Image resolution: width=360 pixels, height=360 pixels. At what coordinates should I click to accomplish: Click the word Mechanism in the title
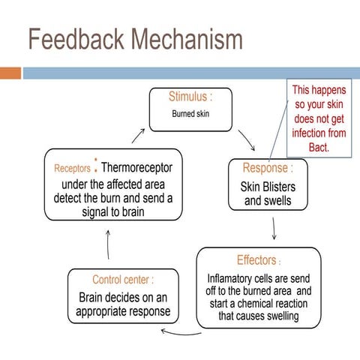pos(185,41)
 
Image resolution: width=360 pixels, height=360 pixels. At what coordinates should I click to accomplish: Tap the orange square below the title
pos(10,73)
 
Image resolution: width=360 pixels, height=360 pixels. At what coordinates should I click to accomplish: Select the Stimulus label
pos(190,97)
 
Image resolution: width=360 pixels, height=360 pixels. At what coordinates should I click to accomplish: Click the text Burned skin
pos(190,115)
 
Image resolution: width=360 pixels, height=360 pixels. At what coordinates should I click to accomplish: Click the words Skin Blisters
pos(268,186)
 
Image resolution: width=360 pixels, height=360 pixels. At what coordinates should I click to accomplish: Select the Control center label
pos(123,279)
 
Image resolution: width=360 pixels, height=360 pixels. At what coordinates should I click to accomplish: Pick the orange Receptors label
pos(72,168)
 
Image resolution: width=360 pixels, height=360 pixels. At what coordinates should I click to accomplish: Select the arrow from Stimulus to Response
pos(246,139)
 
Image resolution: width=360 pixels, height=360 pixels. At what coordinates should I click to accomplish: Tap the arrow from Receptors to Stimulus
pos(137,135)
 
